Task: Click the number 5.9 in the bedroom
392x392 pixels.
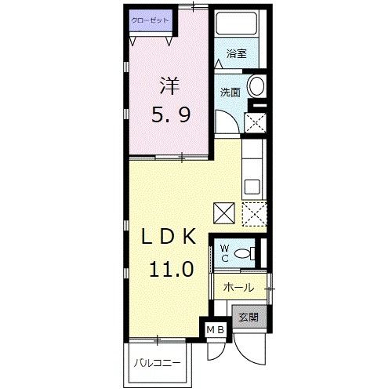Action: pos(170,116)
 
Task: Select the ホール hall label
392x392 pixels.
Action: pos(238,288)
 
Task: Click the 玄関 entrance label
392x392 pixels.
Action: pos(249,318)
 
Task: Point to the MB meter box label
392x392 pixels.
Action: pos(215,330)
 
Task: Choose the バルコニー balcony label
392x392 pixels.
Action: pos(156,364)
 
